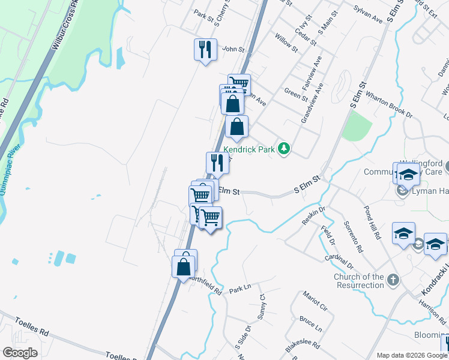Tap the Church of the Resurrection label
[359, 281]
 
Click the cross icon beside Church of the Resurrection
[393, 280]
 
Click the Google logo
[20, 353]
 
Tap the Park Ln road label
[239, 289]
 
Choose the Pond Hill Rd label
[372, 223]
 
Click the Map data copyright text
[406, 355]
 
